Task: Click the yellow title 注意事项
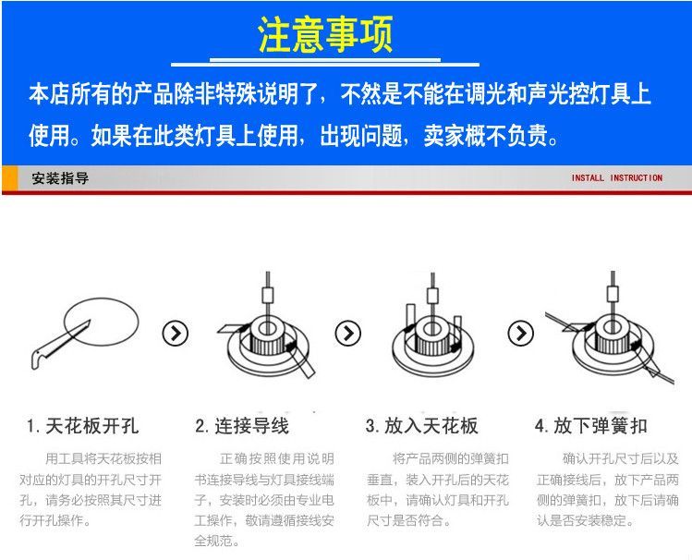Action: tap(325, 34)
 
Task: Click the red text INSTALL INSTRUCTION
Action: tap(617, 177)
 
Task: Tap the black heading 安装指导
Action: tap(60, 178)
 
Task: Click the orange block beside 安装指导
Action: tap(10, 178)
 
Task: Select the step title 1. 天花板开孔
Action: tap(82, 426)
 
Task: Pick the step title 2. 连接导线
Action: tap(242, 426)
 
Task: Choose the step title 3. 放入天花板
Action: tap(422, 426)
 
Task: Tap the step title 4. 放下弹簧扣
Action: tap(591, 426)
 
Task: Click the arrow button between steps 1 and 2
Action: tap(176, 334)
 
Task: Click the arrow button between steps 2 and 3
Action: tap(347, 334)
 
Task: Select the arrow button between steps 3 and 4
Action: tap(521, 334)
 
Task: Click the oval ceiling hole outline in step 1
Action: tap(101, 298)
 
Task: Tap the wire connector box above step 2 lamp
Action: tap(268, 295)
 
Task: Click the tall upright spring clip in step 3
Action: tap(410, 320)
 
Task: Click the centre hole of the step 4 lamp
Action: tap(613, 327)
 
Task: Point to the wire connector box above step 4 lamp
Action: tap(613, 294)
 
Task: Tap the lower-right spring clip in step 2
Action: tap(302, 359)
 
